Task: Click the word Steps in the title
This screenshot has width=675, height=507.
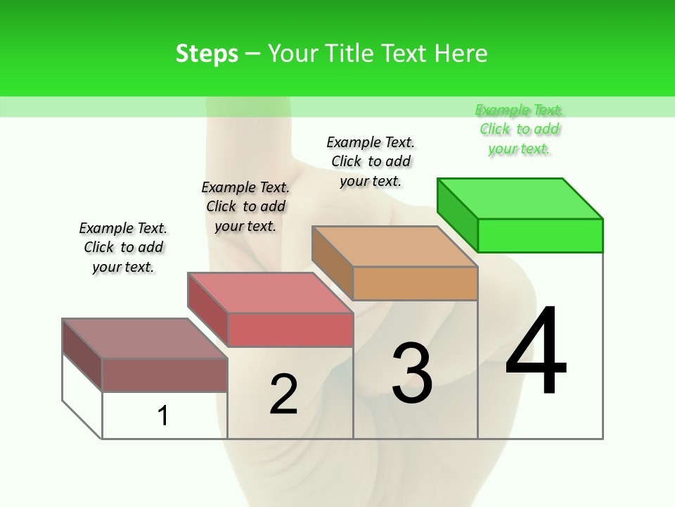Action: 207,54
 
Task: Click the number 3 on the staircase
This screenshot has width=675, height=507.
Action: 412,373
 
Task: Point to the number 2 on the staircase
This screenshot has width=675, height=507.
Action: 283,394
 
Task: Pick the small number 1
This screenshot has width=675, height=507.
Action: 163,415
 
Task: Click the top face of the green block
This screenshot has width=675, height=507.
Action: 520,198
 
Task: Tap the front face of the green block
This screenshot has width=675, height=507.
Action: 540,235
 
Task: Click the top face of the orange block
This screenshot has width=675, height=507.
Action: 395,246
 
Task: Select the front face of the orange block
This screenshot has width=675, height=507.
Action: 415,284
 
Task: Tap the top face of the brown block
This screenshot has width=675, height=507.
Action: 145,339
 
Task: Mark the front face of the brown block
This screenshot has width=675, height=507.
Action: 165,375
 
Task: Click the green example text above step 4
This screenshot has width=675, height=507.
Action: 519,130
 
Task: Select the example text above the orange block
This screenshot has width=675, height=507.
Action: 371,161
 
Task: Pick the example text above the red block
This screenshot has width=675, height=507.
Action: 245,206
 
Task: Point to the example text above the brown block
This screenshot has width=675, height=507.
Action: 123,247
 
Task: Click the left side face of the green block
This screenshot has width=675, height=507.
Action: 458,214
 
